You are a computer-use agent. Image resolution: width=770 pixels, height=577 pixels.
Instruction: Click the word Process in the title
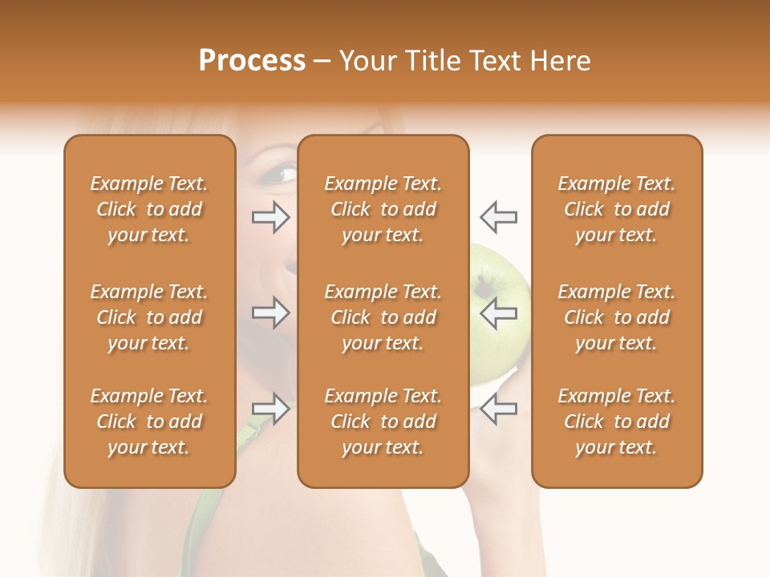[252, 61]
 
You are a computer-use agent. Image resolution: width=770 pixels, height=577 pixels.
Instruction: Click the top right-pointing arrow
[270, 216]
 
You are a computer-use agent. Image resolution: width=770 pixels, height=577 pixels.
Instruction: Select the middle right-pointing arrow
[270, 313]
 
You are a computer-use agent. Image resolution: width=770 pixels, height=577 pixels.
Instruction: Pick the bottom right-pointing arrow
[270, 409]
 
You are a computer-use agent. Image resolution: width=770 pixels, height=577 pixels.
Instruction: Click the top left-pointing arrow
[498, 216]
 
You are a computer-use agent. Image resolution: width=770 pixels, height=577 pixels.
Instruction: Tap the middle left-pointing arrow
[498, 313]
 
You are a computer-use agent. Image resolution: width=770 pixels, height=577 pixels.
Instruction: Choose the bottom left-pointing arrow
[498, 409]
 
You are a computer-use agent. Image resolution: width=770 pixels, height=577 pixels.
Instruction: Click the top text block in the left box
[149, 209]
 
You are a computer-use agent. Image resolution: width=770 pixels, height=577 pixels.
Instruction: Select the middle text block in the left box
[149, 317]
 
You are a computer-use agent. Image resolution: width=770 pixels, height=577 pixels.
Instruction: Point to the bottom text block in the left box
[149, 422]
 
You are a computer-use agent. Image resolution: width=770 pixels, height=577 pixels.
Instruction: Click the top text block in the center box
[383, 209]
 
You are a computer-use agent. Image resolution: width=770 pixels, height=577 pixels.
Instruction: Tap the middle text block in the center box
[383, 317]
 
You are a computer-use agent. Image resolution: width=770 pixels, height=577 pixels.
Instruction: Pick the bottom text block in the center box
[383, 422]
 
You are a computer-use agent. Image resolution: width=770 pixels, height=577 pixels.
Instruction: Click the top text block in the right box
[616, 209]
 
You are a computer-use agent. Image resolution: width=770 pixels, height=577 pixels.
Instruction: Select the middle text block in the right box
[616, 317]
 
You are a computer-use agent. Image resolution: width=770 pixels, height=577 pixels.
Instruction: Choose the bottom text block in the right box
[616, 422]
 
